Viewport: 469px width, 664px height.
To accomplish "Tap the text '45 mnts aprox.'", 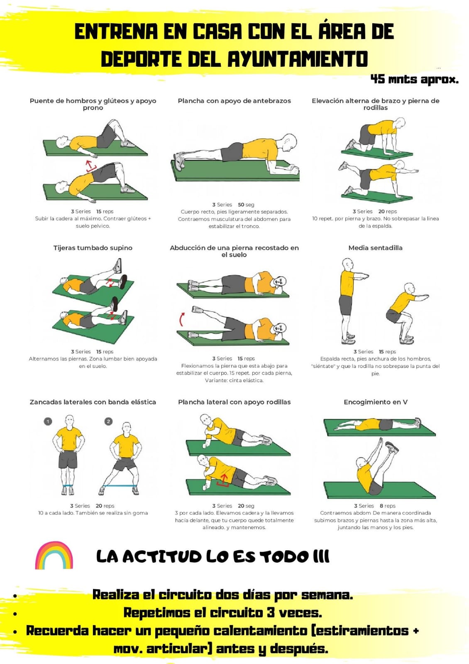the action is point(415,79).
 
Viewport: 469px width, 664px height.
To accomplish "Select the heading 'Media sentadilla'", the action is point(375,248).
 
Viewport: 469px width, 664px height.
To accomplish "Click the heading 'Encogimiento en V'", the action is point(375,402).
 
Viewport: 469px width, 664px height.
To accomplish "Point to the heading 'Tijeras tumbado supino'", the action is point(93,248).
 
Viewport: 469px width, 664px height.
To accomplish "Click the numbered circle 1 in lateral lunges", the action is point(48,421).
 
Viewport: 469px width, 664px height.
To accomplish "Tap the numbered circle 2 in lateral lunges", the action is point(108,421).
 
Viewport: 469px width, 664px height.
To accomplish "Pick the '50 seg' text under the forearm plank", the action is point(246,205).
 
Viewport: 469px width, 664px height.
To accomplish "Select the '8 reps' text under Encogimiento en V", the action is point(388,506).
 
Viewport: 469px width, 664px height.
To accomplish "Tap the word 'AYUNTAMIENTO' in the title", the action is point(298,59).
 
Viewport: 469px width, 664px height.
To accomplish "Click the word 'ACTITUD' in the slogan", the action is point(162,556).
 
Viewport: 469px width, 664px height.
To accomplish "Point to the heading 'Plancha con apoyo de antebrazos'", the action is point(234,101).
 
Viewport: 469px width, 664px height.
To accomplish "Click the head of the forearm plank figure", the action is point(288,143).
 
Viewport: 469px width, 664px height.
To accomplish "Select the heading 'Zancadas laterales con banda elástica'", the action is point(93,402).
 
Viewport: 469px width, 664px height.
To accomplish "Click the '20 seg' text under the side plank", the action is point(246,506).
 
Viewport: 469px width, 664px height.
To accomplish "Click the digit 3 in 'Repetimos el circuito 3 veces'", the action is point(270,612).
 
